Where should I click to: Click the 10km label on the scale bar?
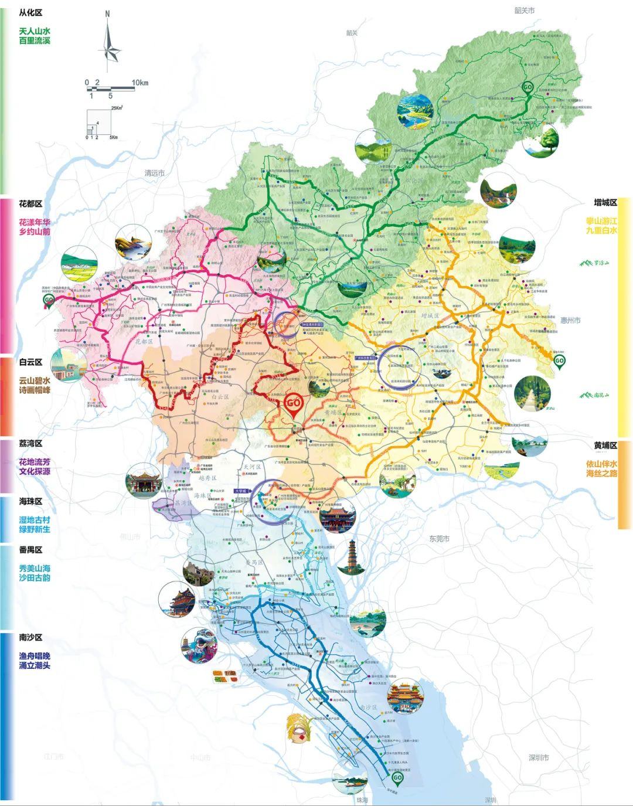[x=141, y=82]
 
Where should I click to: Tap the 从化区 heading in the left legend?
[x=30, y=12]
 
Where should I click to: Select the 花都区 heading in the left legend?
[x=30, y=204]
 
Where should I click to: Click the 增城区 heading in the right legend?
[x=605, y=202]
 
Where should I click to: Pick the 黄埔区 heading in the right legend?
[x=605, y=446]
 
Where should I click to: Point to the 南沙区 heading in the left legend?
[x=30, y=637]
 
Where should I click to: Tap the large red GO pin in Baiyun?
[x=294, y=405]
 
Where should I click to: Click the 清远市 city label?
[x=155, y=174]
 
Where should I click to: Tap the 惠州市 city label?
[x=570, y=321]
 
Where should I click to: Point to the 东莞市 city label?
[x=438, y=538]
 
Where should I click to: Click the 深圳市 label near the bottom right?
[x=539, y=757]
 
